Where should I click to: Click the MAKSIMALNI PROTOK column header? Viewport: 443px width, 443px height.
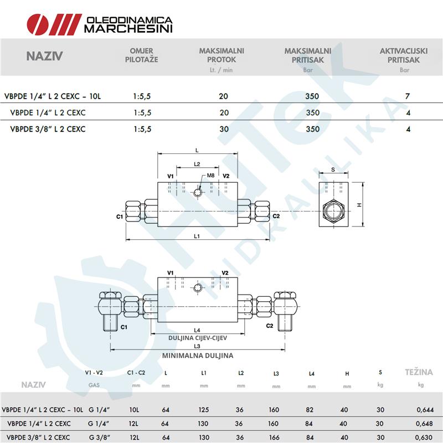221,55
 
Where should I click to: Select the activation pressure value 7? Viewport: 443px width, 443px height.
408,96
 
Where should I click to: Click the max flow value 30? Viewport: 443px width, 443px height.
223,129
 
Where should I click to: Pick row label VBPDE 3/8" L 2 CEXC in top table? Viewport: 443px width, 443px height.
48,129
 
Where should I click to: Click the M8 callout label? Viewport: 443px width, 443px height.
210,176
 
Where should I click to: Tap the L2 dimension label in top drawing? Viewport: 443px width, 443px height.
197,164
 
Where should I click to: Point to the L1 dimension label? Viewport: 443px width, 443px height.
197,236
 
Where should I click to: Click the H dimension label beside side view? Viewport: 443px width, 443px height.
359,205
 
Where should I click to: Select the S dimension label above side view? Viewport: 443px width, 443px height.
333,169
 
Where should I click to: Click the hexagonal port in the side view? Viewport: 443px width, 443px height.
333,211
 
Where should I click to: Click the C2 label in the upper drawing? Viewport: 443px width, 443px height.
276,216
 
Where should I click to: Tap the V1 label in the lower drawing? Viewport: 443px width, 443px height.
170,273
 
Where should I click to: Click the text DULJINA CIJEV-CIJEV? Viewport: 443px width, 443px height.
198,337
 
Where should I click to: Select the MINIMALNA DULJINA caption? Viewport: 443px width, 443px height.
198,356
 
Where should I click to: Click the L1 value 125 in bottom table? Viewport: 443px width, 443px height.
204,410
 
